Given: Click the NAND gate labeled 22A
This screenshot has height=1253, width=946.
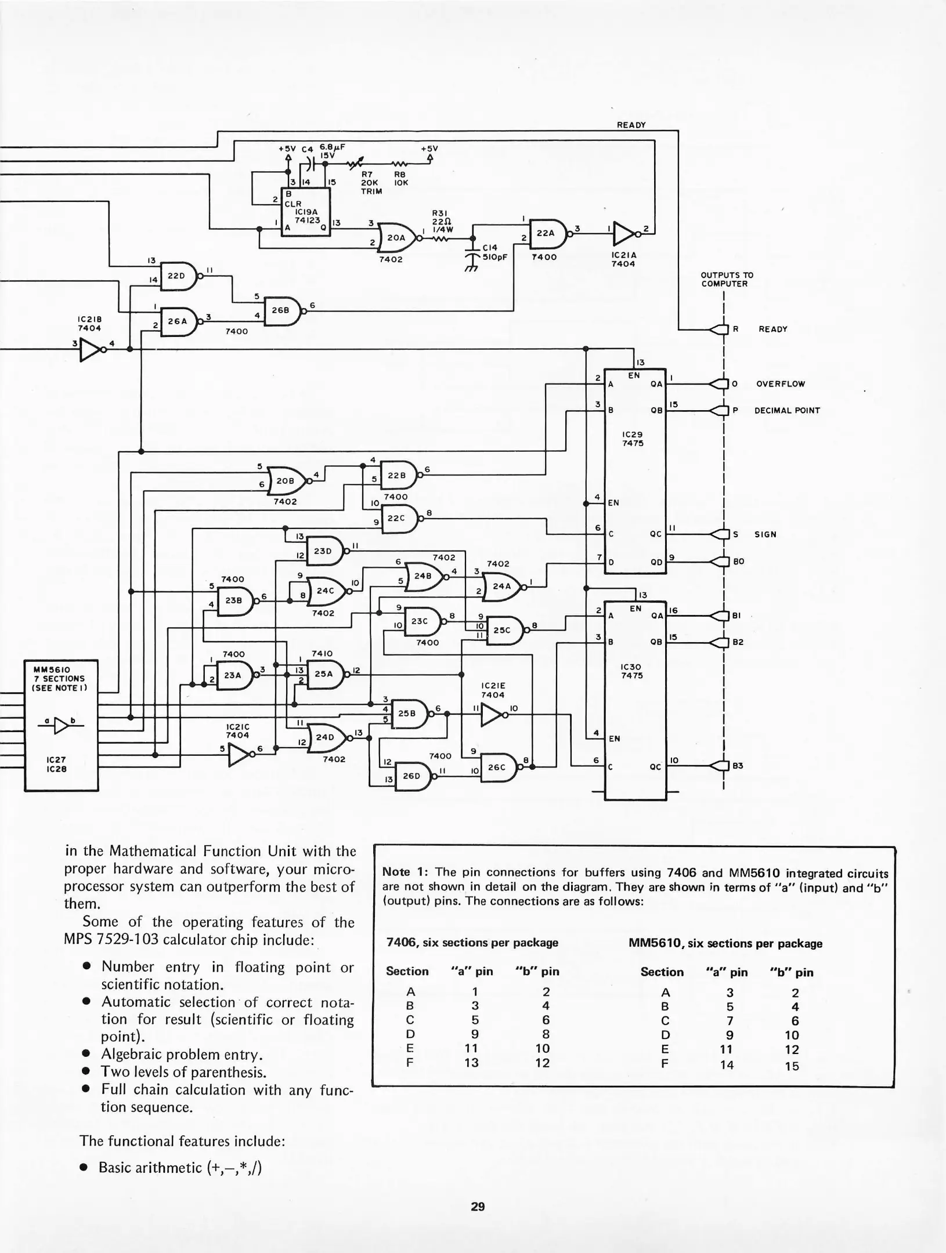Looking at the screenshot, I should [547, 233].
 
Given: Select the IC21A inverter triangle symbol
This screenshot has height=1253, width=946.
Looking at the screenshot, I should [624, 233].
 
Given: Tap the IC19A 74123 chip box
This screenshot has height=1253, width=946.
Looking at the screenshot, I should [305, 212].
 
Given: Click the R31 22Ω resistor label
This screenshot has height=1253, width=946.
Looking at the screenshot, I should [442, 221].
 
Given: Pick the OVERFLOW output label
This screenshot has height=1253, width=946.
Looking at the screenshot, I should [780, 384].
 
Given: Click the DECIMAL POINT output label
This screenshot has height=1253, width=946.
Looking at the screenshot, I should [786, 411].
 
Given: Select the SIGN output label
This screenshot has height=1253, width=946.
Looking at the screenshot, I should [765, 534].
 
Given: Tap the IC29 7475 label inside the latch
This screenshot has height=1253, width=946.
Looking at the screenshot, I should [632, 439].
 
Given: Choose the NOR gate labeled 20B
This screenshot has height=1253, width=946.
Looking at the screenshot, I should [286, 481].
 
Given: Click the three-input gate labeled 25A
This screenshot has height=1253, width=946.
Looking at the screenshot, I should [324, 674].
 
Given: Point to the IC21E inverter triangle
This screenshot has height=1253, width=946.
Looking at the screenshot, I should [491, 715].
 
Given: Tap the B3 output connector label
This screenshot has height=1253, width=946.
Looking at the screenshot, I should [738, 766].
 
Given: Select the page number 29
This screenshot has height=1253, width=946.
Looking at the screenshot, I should [477, 1207].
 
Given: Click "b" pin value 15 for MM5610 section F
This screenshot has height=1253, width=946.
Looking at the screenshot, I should [792, 1066].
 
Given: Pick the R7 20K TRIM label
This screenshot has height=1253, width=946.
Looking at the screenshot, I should [371, 182].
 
